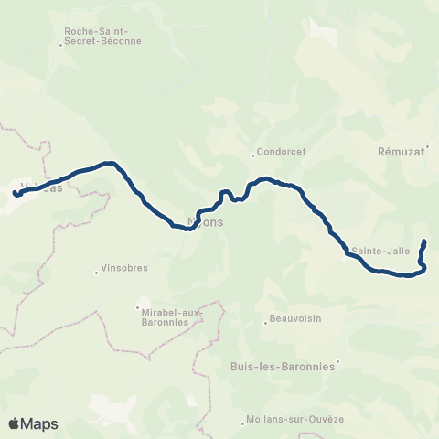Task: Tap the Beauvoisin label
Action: [294, 320]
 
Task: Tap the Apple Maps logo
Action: [33, 423]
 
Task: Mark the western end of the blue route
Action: [16, 193]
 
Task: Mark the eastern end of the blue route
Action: [424, 241]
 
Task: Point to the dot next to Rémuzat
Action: [427, 146]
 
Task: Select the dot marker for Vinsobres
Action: [97, 271]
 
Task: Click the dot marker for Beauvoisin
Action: [264, 320]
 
